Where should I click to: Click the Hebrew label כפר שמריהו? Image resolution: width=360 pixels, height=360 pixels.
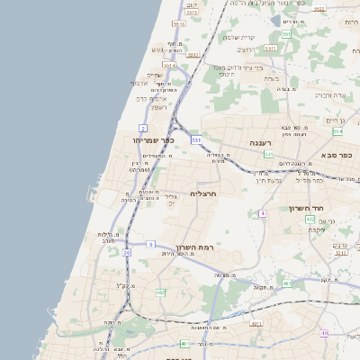145,140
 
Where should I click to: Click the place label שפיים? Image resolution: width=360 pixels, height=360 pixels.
154,75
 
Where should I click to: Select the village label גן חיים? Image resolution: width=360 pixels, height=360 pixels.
335,121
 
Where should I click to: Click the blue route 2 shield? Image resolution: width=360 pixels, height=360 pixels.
143,128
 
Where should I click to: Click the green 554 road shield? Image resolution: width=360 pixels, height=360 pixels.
337,131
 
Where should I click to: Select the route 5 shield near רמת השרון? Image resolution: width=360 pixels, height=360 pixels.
151,244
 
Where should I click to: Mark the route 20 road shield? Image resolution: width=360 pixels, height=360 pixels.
127,254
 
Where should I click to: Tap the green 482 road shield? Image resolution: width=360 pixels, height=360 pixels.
160,292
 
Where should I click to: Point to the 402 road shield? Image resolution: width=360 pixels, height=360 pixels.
310,219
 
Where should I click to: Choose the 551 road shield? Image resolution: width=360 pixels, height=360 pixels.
285,34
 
